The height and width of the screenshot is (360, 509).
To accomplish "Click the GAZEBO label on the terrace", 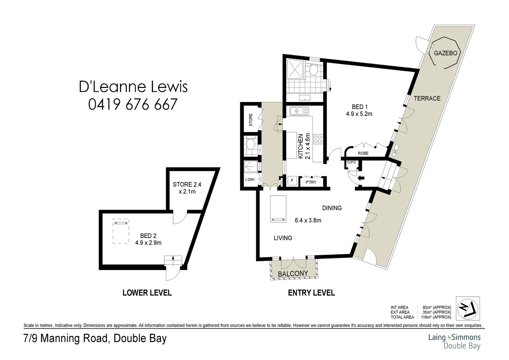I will tap(445, 53).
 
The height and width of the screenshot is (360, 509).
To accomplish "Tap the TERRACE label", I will tap(427, 98).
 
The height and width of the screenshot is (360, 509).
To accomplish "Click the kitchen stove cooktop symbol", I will tap(318, 138).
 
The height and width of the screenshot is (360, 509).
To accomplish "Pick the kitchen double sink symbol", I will tap(299, 111).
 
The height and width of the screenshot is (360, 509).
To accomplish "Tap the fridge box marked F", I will tap(292, 181).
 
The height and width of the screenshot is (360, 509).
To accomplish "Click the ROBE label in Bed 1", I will tap(363, 153).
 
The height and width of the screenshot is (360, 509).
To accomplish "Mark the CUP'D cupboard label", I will tap(351, 162).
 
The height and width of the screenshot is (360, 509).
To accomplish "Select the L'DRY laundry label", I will tap(250, 180).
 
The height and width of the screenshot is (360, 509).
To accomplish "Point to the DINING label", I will tap(332, 208).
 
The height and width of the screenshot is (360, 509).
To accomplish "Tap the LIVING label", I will tap(283, 238).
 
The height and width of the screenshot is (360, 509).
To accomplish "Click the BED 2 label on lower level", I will tap(148, 236).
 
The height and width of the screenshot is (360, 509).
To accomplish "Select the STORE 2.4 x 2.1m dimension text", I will tap(187, 188).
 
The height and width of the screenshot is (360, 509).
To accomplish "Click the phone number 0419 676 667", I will tap(133, 104).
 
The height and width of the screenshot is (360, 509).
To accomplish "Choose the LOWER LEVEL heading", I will tap(147, 293).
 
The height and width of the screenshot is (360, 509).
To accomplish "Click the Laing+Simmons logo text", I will tap(454, 337).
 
